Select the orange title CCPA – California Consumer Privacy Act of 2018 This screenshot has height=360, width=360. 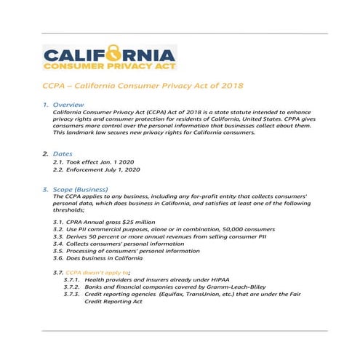coord(142,86)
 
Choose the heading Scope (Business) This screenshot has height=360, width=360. coord(84,189)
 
